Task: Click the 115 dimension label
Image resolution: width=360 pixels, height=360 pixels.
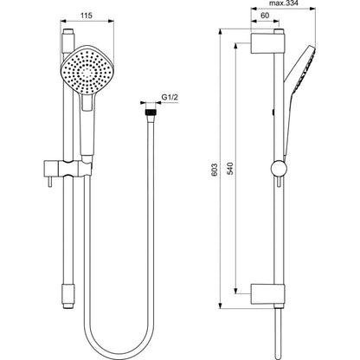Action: point(86,16)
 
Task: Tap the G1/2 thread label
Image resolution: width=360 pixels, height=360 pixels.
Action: point(170,98)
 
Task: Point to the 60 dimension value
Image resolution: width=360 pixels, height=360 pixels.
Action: point(265,16)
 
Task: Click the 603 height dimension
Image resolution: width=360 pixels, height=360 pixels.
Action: point(214,170)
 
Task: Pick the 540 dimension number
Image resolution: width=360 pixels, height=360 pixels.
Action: point(230,169)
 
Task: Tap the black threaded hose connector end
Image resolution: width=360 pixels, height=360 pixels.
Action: point(150,112)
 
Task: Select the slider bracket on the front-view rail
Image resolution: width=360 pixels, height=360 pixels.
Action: point(68,169)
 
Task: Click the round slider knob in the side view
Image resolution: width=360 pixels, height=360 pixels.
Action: point(279,169)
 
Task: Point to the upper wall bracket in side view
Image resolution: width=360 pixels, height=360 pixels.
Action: point(268,43)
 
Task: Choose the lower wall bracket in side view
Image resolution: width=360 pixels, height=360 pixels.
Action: point(268,294)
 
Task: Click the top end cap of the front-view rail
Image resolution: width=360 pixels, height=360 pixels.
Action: point(68,32)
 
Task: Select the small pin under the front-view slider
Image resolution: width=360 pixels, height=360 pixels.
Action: point(50,182)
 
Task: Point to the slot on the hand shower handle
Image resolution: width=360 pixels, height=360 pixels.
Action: point(87,102)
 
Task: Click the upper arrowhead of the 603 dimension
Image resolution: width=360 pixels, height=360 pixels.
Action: point(221,31)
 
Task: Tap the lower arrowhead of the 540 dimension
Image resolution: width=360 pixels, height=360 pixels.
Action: point(236,291)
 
